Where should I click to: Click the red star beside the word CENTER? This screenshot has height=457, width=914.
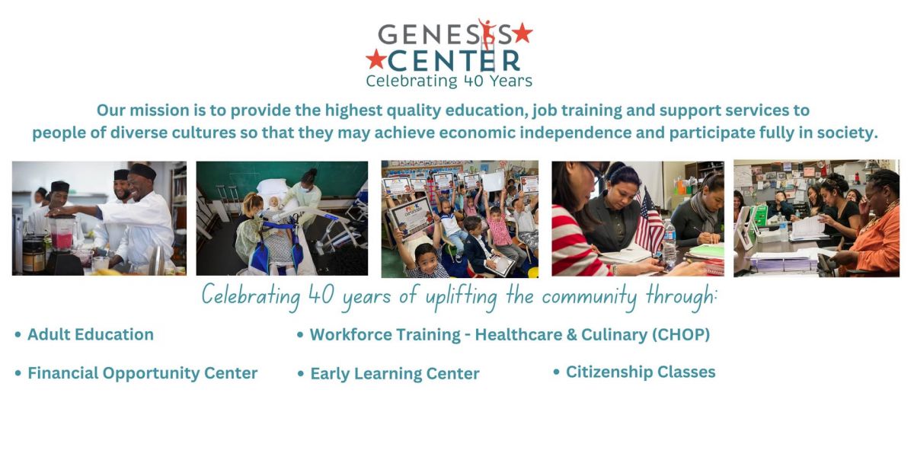coord(376,59)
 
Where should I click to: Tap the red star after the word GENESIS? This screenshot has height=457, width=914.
coord(523,33)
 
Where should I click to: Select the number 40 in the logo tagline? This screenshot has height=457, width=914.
coord(474,81)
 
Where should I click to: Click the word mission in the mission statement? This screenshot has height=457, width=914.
coord(171,110)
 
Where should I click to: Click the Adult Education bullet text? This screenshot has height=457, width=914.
coord(91,334)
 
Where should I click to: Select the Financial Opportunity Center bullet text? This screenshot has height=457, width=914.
coord(142,373)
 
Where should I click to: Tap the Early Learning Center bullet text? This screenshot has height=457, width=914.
coord(395,374)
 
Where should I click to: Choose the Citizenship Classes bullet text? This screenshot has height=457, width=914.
coord(641,372)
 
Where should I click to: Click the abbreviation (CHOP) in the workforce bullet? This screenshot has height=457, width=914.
coord(681,335)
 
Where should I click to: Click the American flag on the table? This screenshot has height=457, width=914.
coord(649,222)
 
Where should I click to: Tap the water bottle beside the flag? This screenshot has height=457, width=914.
coord(670,244)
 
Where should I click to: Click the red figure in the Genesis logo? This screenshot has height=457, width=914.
coord(487,32)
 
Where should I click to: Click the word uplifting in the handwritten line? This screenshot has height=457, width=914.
coord(461,297)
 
